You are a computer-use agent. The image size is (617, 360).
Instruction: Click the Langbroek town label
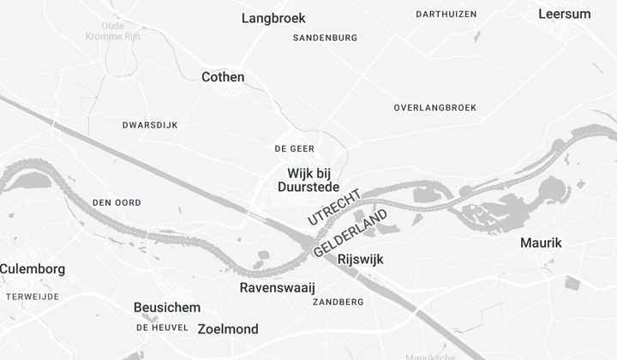coord(273,18)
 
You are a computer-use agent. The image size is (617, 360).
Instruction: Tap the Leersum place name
coord(564,14)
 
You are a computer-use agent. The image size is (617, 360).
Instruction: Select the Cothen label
coord(223,77)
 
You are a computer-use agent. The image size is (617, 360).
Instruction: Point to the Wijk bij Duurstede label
coord(308,180)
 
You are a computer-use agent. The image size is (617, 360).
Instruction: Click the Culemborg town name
coord(32,269)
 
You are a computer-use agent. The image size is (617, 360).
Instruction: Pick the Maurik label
coord(541,243)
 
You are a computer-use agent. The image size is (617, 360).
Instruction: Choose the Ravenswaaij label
coord(278,288)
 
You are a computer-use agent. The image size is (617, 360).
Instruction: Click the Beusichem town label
coord(167,308)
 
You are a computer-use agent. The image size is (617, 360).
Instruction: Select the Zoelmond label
coord(228,329)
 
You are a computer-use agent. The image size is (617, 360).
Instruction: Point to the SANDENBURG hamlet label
coord(325,38)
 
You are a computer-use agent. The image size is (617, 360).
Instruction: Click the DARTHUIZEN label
coord(446,15)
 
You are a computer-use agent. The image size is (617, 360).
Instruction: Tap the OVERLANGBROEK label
coord(434,108)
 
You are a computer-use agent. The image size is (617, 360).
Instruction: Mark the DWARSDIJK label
coord(150,125)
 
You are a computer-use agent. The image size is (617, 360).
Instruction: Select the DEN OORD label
coord(117,202)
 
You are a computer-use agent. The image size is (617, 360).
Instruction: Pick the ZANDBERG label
coord(338,303)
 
